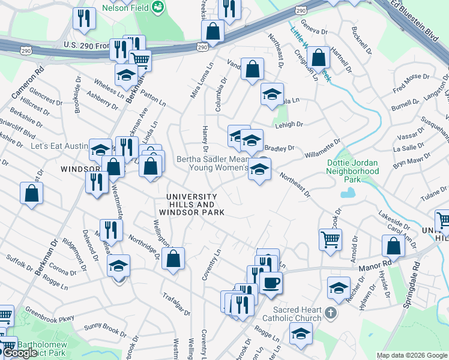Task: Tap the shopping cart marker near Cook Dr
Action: point(330,239)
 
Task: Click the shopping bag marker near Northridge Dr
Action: point(173,259)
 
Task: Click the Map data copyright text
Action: point(412,355)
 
